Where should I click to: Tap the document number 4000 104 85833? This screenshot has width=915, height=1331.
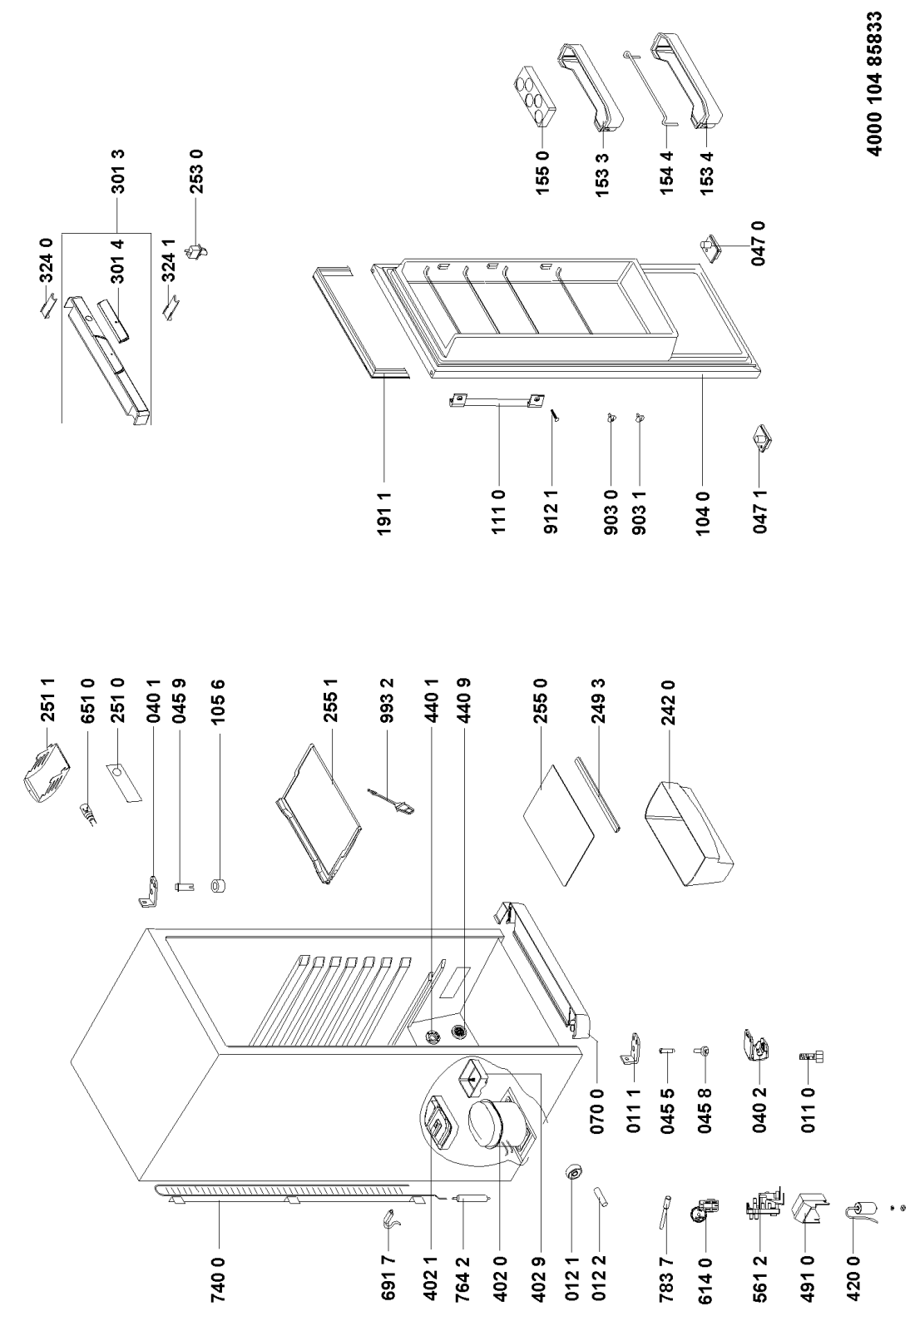pyautogui.click(x=883, y=91)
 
